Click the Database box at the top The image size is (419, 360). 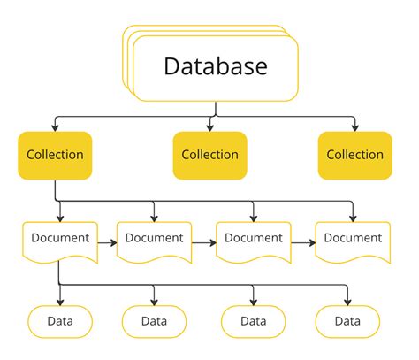(x=215, y=66)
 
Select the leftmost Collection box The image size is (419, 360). (x=55, y=155)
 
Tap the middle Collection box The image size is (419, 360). (x=209, y=155)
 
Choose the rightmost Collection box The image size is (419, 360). (x=354, y=155)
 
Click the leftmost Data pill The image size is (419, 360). (x=59, y=321)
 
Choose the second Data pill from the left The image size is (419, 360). (x=155, y=321)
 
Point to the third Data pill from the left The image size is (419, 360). (x=253, y=321)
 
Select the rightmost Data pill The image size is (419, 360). (x=347, y=321)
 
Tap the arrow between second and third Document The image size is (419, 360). (x=205, y=240)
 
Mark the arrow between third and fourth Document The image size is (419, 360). (x=304, y=240)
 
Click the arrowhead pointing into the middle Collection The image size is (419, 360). (x=210, y=127)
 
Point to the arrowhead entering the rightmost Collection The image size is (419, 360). (x=354, y=127)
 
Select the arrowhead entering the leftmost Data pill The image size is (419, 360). (x=59, y=302)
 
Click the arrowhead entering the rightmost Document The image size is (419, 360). (x=354, y=218)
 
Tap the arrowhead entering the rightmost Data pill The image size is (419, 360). (x=347, y=302)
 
